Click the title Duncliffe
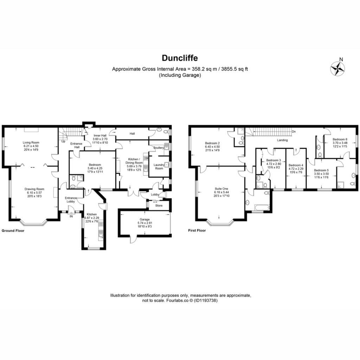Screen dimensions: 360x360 coord(180,58)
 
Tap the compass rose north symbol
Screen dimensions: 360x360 coord(338,69)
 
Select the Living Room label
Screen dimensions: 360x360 coord(31,142)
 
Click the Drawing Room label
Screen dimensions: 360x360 coord(34,189)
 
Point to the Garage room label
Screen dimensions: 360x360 coord(144,219)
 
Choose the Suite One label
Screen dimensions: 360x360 coord(221,189)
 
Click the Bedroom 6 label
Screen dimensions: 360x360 coord(340,139)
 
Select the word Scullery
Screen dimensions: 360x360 coord(159,148)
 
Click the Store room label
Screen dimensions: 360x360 coord(159,205)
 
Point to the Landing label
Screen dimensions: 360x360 coord(282,140)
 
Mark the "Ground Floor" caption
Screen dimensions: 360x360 coord(13,231)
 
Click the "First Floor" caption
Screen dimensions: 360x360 coord(197,230)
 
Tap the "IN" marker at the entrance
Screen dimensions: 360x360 coord(71,216)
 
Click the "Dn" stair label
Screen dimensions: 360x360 coord(294,131)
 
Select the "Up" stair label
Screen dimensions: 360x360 coord(63,141)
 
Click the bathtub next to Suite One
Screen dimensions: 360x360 coord(262,208)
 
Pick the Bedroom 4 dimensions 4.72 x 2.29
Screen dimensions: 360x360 coord(296,168)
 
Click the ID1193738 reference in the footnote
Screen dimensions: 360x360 coord(205,300)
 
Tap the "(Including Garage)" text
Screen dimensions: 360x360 coord(180,75)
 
